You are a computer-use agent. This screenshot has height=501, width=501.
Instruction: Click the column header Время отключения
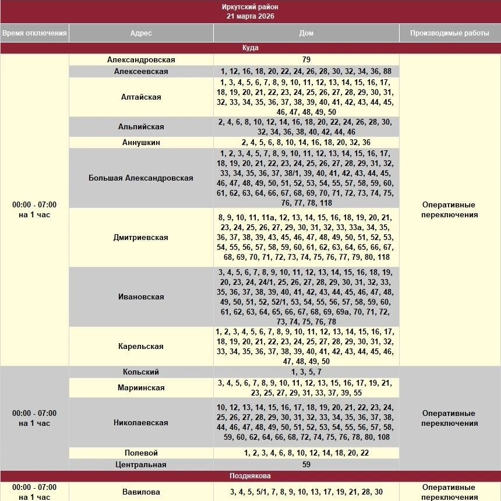tap(34, 33)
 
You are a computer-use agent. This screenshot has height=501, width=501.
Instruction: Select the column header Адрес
tap(141, 33)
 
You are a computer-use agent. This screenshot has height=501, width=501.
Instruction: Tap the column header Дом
tap(306, 33)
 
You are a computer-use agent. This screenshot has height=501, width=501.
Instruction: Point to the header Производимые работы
tap(449, 33)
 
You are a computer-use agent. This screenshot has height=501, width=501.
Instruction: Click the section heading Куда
tap(250, 48)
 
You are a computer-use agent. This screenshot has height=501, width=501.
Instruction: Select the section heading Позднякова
tap(250, 476)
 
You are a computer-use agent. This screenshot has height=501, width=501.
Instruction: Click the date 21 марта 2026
tap(250, 16)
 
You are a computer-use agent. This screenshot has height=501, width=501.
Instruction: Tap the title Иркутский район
tap(250, 6)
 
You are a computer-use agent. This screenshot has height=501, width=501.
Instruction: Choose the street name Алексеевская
tap(141, 71)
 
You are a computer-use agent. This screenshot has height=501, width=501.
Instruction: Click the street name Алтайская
tap(141, 97)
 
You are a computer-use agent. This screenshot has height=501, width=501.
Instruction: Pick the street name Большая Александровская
tap(141, 178)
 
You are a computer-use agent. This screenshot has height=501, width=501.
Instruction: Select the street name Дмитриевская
tap(141, 237)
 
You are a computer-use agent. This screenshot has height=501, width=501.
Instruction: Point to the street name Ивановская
tap(141, 297)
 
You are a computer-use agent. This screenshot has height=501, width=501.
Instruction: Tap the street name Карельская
tap(141, 346)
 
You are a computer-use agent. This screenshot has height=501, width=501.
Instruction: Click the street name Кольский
tap(141, 372)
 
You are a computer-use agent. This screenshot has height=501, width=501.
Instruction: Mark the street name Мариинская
tap(141, 387)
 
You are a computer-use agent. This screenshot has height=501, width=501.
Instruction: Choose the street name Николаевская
tap(141, 422)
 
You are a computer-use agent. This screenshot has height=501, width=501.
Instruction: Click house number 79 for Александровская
tap(306, 59)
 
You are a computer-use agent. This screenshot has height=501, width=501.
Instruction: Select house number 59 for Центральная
tap(306, 464)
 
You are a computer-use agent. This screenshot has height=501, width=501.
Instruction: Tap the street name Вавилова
tap(141, 492)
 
